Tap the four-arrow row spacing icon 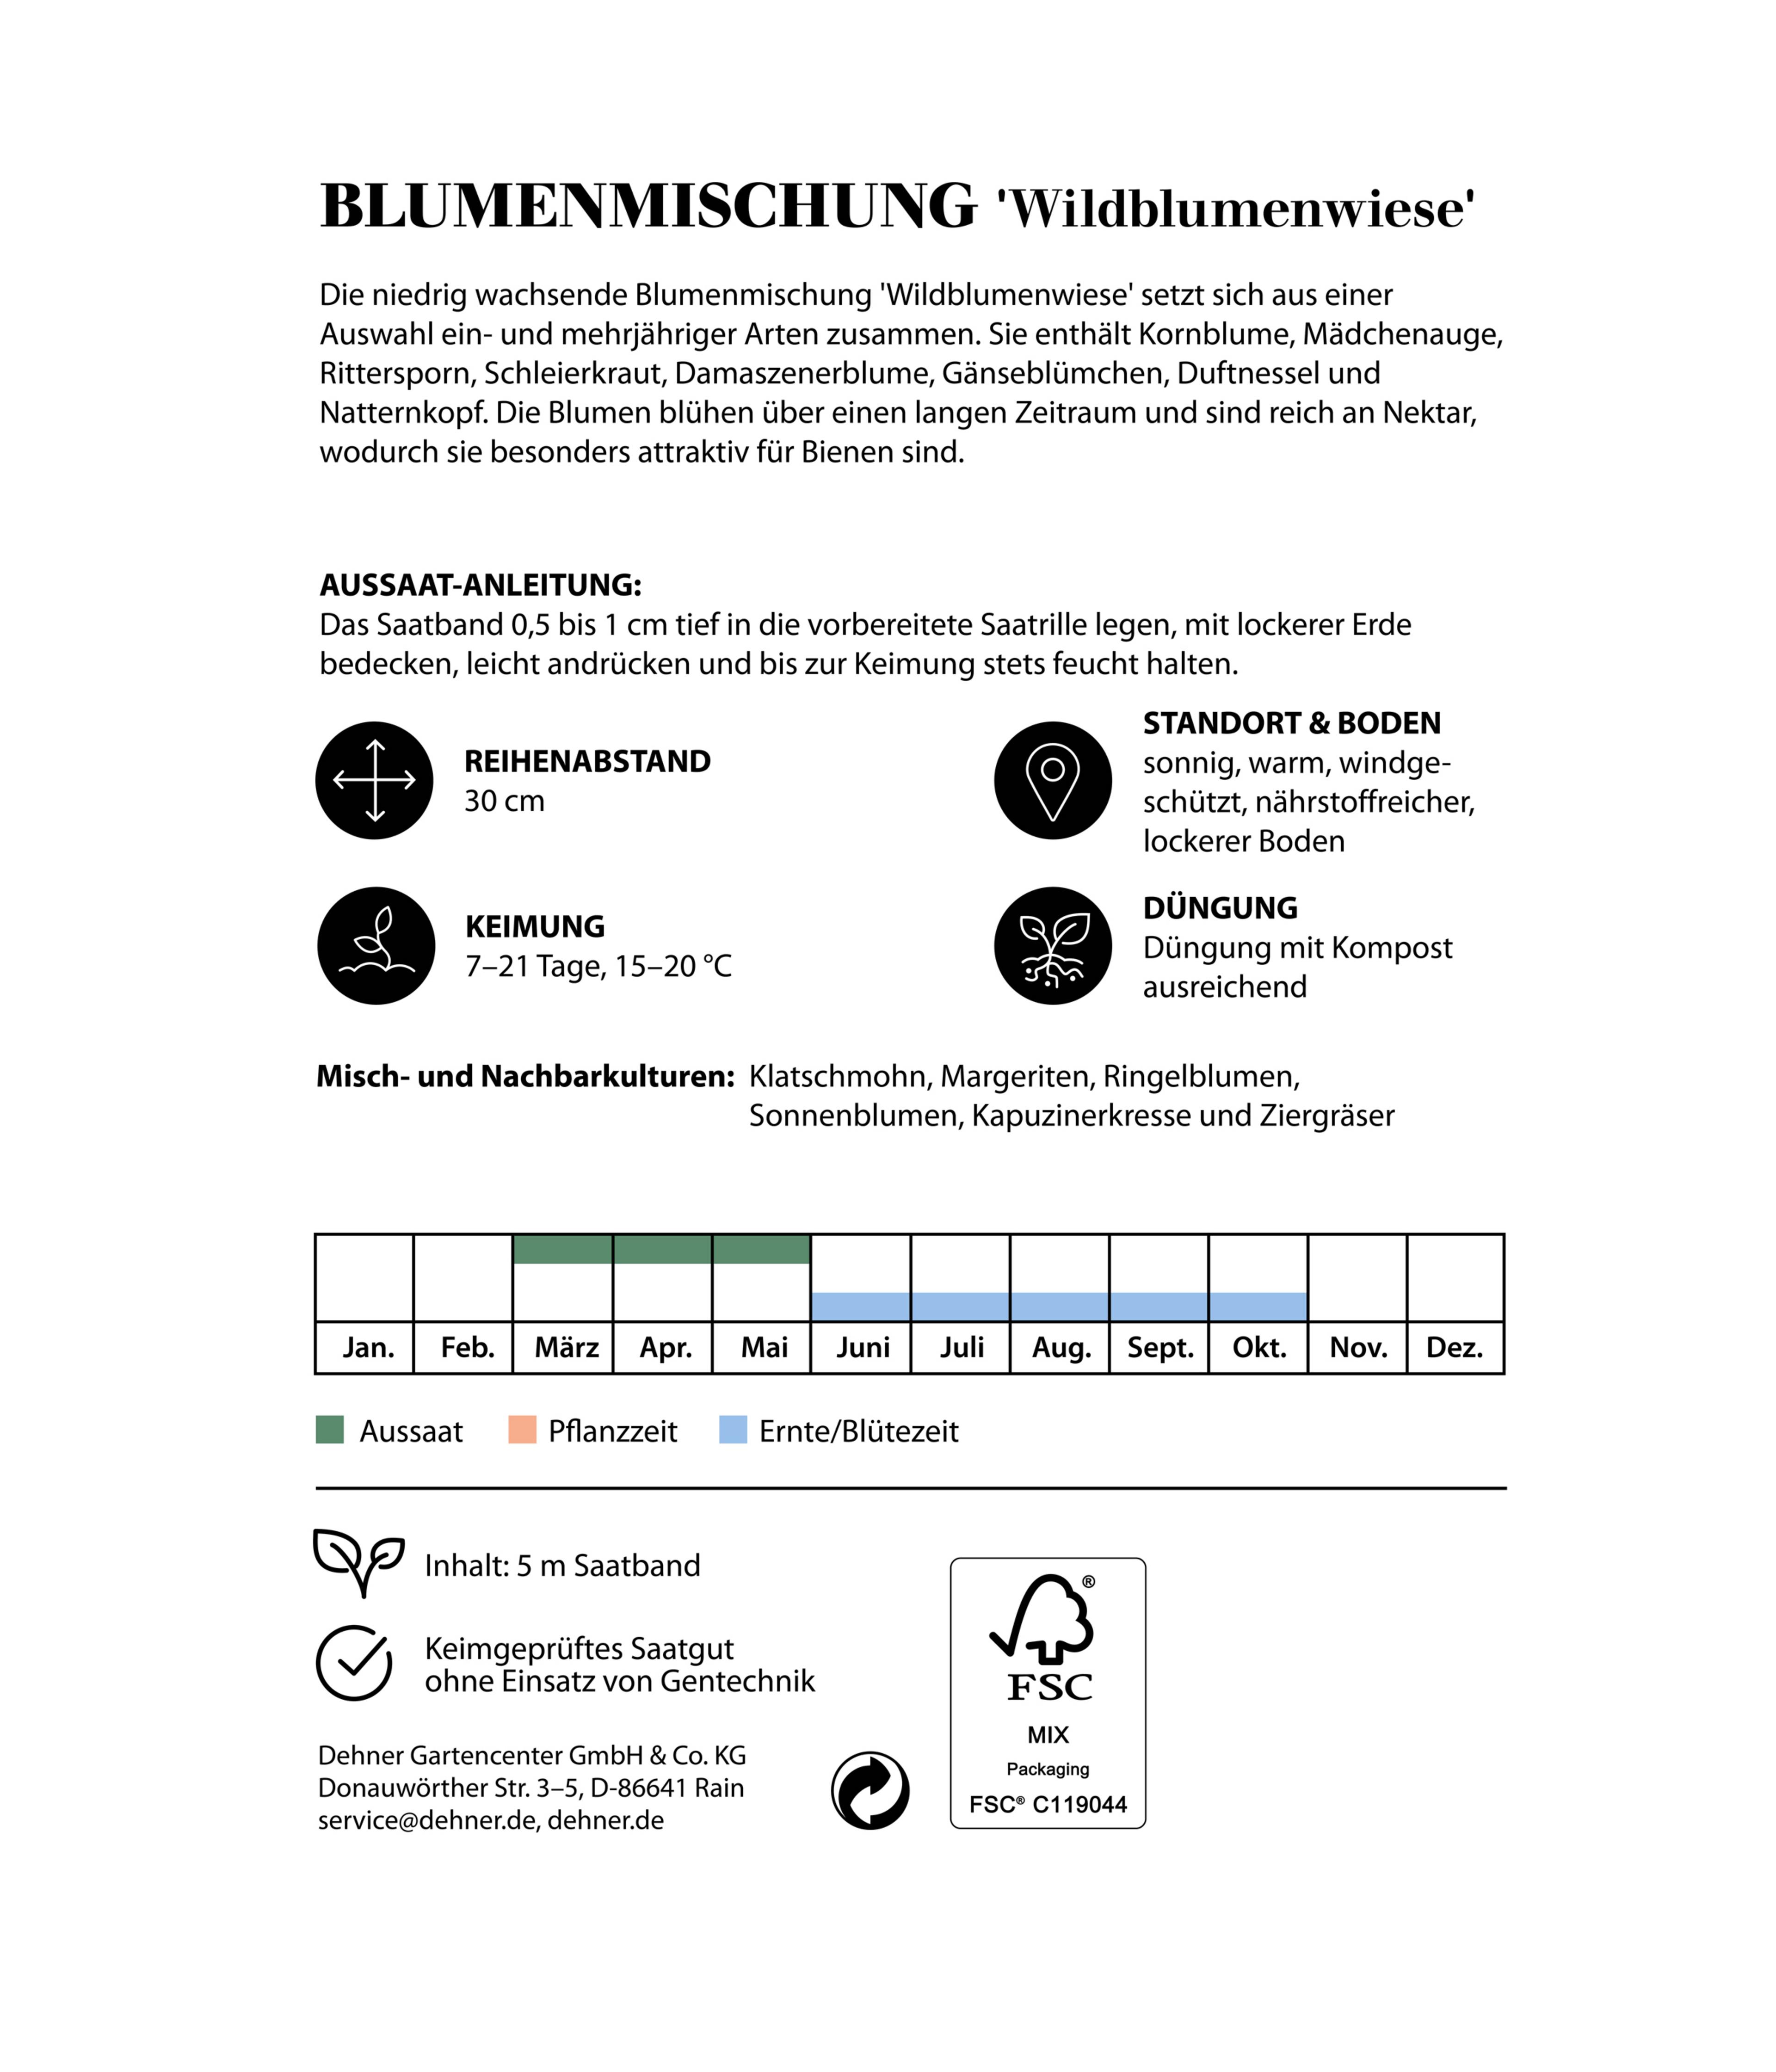pos(374,780)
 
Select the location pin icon pos(1052,780)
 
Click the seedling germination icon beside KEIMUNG pos(376,945)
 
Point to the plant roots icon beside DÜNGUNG pos(1052,945)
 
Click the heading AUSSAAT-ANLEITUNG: pos(480,585)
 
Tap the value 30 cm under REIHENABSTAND pos(504,801)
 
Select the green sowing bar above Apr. pos(662,1249)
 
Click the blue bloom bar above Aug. pos(1059,1306)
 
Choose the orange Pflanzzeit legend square pos(522,1430)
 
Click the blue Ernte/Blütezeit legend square pos(733,1430)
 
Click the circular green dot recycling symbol pos(870,1790)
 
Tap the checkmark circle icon pos(354,1663)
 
